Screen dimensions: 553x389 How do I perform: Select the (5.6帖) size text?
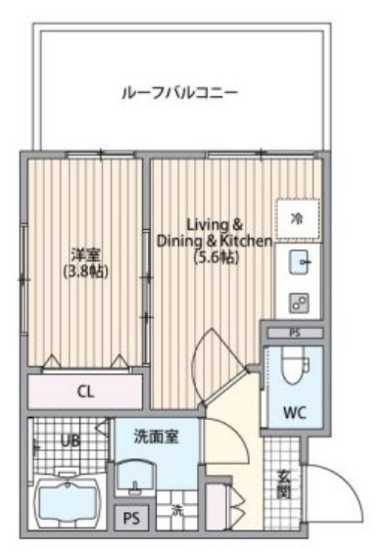coord(215,257)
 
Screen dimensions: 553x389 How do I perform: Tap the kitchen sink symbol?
coord(300,261)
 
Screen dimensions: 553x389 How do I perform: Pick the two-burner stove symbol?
coord(300,302)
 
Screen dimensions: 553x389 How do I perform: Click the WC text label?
coord(293,412)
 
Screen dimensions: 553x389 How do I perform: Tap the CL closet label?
coord(86,392)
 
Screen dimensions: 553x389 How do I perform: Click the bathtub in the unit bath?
coord(69,502)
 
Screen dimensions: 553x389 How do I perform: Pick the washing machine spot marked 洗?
coord(178,511)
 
